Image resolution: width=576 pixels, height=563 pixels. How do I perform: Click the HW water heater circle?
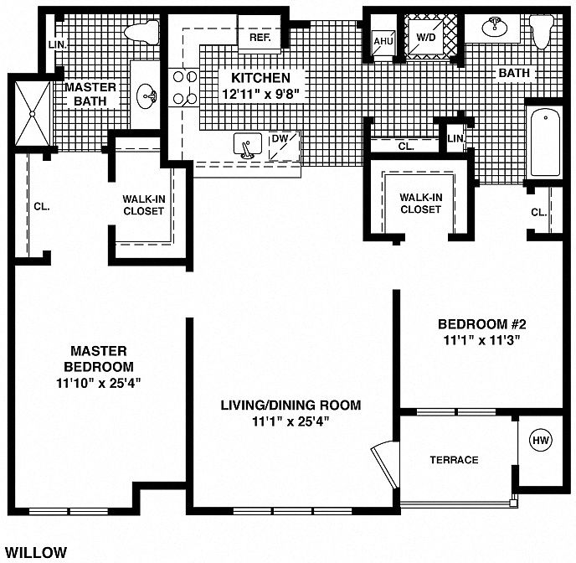tap(541, 440)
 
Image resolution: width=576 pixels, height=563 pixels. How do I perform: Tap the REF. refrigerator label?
tap(260, 38)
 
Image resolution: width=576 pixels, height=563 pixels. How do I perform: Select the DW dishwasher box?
tap(284, 147)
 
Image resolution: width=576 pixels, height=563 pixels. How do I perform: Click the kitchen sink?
tap(248, 145)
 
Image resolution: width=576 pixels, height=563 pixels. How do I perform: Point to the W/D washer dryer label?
tap(426, 37)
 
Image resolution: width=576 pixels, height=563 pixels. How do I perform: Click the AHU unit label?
tap(383, 41)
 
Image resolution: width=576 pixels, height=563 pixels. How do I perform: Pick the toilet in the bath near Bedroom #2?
tap(542, 32)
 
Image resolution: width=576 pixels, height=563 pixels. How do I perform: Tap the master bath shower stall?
tap(33, 114)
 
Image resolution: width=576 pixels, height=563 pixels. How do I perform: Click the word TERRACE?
tap(454, 460)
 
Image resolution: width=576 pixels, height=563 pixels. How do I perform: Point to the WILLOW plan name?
tap(36, 552)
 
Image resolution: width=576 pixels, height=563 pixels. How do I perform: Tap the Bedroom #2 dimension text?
tap(482, 340)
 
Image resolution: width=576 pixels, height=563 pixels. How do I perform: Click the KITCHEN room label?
tap(261, 78)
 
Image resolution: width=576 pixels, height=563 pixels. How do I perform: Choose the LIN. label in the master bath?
tap(58, 45)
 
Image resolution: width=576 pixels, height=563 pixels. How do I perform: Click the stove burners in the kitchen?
tap(185, 87)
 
